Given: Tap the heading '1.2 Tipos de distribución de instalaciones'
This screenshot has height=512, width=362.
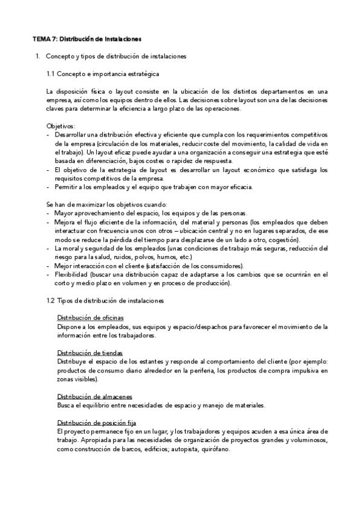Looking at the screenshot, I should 105,300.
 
